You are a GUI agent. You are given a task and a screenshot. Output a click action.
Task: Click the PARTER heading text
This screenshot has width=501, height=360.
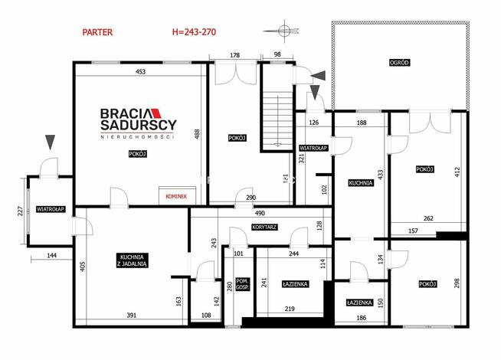coord(97,32)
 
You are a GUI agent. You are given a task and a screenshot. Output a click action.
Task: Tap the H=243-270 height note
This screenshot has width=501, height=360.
coord(194,32)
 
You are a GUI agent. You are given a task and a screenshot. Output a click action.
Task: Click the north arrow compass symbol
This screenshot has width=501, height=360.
coord(282,31)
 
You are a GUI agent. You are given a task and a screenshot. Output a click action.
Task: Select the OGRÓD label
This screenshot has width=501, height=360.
coord(399,63)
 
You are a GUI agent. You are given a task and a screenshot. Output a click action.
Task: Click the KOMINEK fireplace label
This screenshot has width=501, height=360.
coord(176,196)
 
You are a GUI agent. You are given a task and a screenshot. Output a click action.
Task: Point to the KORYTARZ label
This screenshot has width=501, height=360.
coord(264,227)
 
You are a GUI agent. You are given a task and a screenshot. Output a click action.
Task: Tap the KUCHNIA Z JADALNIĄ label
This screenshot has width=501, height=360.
coord(132,260)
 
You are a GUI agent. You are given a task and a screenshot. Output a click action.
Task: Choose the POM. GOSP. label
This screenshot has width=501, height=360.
coord(243,284)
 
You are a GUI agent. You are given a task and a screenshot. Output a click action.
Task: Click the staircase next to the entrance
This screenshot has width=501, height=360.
coord(277,121)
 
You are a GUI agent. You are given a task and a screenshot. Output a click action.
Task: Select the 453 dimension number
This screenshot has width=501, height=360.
coord(140,72)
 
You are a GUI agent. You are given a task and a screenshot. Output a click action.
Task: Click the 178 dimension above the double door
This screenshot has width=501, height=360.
coord(235,55)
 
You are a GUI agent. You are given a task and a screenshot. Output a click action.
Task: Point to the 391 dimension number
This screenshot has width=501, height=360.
coord(131,316)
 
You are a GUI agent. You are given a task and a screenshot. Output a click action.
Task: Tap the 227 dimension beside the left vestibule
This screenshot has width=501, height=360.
coord(20,211)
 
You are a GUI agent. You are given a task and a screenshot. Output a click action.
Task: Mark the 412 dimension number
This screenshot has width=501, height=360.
coord(457,172)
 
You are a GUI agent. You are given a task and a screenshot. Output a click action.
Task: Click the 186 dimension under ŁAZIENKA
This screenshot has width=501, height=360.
coord(361,318)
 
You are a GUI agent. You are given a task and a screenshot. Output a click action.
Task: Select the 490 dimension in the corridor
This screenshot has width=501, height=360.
coord(260,213)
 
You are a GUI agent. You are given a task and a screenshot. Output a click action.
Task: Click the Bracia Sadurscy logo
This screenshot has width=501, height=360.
coord(139,123)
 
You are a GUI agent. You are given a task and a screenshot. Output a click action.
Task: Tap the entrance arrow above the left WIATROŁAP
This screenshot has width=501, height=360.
coord(50,142)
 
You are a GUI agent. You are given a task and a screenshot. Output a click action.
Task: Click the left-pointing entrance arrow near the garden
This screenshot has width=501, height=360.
coord(318,76)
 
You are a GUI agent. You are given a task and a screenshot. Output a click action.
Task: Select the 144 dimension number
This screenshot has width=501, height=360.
coord(51,255)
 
